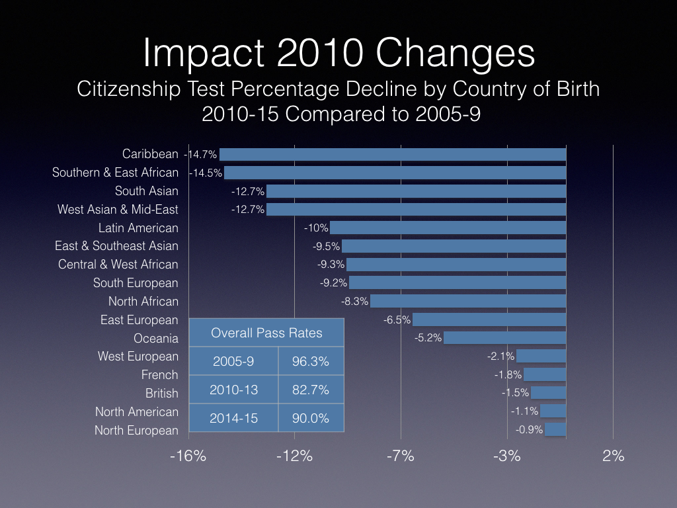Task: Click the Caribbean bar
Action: point(393,154)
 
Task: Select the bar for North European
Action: point(555,430)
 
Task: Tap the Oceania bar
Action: point(504,338)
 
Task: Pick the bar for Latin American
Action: point(448,228)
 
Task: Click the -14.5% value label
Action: point(206,173)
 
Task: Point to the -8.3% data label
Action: point(354,301)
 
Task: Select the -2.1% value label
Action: point(500,357)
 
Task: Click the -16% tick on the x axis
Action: point(188,456)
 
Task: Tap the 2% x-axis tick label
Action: point(614,456)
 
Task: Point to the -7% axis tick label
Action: point(401,456)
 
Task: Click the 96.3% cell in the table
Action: point(311,362)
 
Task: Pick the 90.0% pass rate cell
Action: point(311,418)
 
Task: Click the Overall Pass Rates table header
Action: point(266,333)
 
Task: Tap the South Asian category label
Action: point(147,191)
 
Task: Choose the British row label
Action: point(162,393)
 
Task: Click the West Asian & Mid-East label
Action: point(118,210)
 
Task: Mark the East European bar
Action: point(489,319)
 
